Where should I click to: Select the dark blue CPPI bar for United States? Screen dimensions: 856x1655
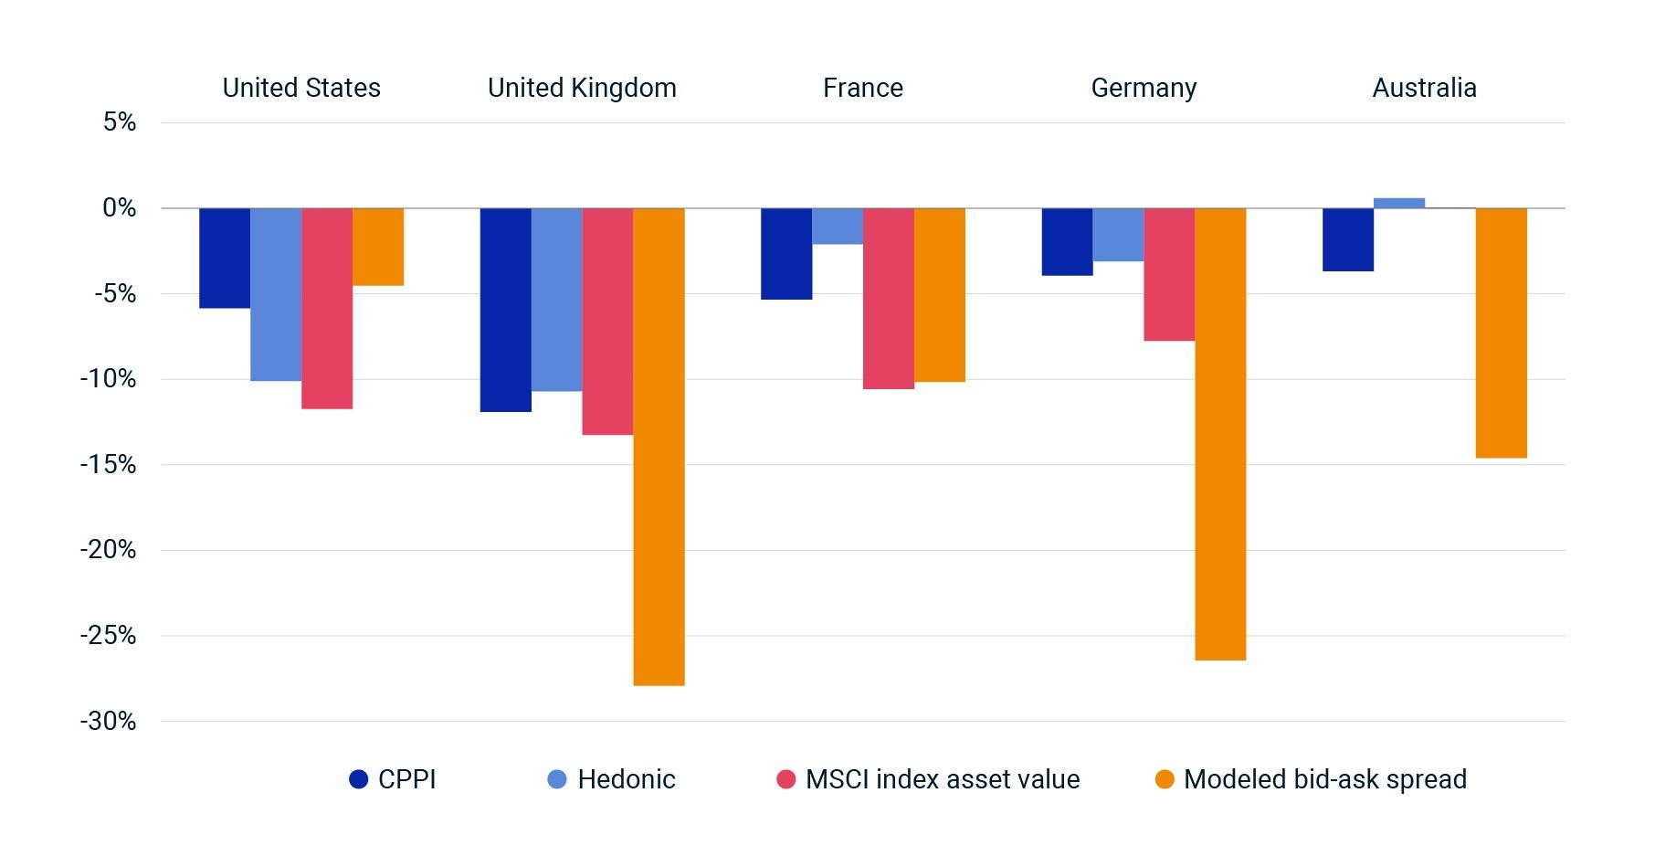click(x=225, y=258)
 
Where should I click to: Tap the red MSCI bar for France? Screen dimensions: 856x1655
click(x=888, y=298)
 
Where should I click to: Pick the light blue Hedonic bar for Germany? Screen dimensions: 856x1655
click(x=1118, y=235)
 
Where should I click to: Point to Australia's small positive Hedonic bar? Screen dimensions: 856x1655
click(x=1398, y=203)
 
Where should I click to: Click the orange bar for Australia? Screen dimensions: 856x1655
click(x=1501, y=333)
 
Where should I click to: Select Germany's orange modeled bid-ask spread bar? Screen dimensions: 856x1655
click(x=1220, y=433)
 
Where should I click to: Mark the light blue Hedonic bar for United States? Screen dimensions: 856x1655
click(x=276, y=294)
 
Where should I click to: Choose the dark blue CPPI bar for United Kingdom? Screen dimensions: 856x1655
click(x=505, y=310)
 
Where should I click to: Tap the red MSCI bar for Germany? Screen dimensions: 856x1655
click(x=1169, y=274)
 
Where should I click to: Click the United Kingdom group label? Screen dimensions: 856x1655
click(x=582, y=88)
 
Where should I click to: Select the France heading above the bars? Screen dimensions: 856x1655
click(x=862, y=88)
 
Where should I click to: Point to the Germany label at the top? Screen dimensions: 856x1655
click(x=1144, y=88)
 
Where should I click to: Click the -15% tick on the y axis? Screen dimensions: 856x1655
click(x=108, y=465)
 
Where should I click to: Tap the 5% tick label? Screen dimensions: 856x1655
click(x=119, y=122)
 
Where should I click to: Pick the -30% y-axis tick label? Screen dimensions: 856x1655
click(x=108, y=722)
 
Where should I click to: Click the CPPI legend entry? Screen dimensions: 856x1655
click(x=394, y=779)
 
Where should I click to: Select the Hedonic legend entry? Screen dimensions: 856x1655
click(x=612, y=779)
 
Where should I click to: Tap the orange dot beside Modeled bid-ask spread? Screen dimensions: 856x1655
click(x=1165, y=779)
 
